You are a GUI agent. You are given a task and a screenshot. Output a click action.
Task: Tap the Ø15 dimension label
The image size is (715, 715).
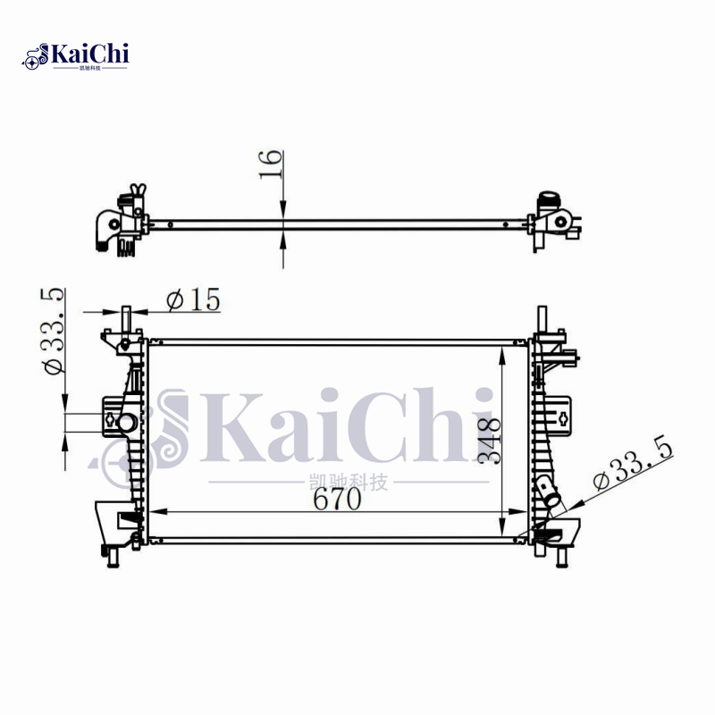(x=192, y=301)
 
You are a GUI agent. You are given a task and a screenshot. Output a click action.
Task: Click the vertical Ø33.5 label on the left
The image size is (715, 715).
(x=52, y=331)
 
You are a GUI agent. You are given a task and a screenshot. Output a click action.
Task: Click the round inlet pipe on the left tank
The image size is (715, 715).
(x=125, y=422)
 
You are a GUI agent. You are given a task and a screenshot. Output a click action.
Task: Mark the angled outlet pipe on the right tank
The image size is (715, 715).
(x=547, y=492)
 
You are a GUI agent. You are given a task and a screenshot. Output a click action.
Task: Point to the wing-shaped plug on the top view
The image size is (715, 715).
(x=137, y=191)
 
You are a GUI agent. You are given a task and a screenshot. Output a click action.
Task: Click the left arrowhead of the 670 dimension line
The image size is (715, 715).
(x=153, y=513)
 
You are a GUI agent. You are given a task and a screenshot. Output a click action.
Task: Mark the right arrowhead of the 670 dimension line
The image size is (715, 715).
(x=522, y=513)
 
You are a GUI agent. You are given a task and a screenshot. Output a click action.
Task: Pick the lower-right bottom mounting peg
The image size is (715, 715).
(x=561, y=558)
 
